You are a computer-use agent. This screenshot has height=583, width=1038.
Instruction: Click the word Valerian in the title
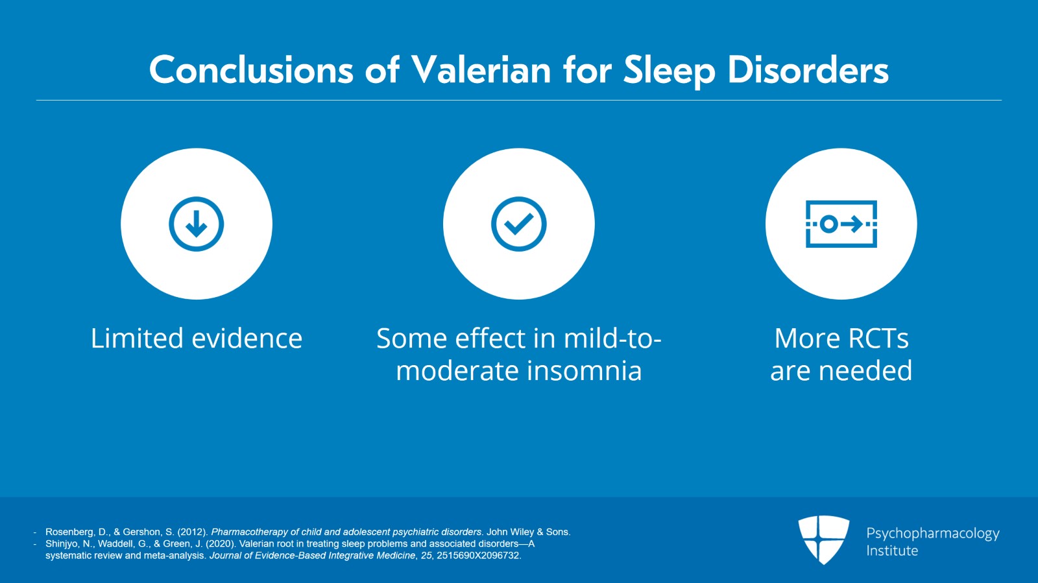(x=481, y=70)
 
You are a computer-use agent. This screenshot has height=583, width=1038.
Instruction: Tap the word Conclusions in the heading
(x=251, y=70)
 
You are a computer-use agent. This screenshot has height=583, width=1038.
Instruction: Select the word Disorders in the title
(x=808, y=70)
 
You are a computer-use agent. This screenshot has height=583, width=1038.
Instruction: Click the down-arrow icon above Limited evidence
(x=197, y=224)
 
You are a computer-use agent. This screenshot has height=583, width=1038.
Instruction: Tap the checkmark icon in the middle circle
(x=519, y=224)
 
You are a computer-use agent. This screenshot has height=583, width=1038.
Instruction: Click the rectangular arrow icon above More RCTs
(x=841, y=224)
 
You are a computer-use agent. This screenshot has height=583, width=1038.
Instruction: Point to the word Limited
(x=137, y=338)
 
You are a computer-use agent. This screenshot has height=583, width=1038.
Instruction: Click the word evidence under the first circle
(x=247, y=338)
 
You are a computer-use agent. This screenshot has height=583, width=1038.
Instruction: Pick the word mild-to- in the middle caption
(x=612, y=338)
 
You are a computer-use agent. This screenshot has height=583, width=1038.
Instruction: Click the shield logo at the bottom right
(x=823, y=540)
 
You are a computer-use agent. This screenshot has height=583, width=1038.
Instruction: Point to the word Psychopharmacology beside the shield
(x=933, y=534)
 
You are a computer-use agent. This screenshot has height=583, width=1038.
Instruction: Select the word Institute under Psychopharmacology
(x=892, y=551)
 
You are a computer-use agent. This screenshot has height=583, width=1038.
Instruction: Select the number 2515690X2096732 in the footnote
(x=479, y=555)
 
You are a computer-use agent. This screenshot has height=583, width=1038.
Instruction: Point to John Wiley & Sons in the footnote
(x=528, y=532)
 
